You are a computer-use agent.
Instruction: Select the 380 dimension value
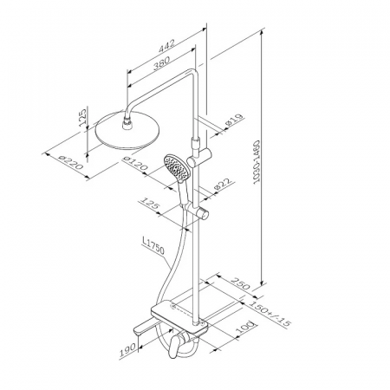[x=161, y=62]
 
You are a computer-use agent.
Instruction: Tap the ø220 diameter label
[x=70, y=162]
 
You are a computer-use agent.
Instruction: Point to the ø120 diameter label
[x=135, y=163]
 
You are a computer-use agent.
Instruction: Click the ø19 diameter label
[x=235, y=120]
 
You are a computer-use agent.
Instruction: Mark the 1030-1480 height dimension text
[x=257, y=162]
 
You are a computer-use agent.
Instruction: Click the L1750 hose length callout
[x=153, y=245]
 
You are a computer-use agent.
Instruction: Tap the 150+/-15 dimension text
[x=270, y=314]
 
